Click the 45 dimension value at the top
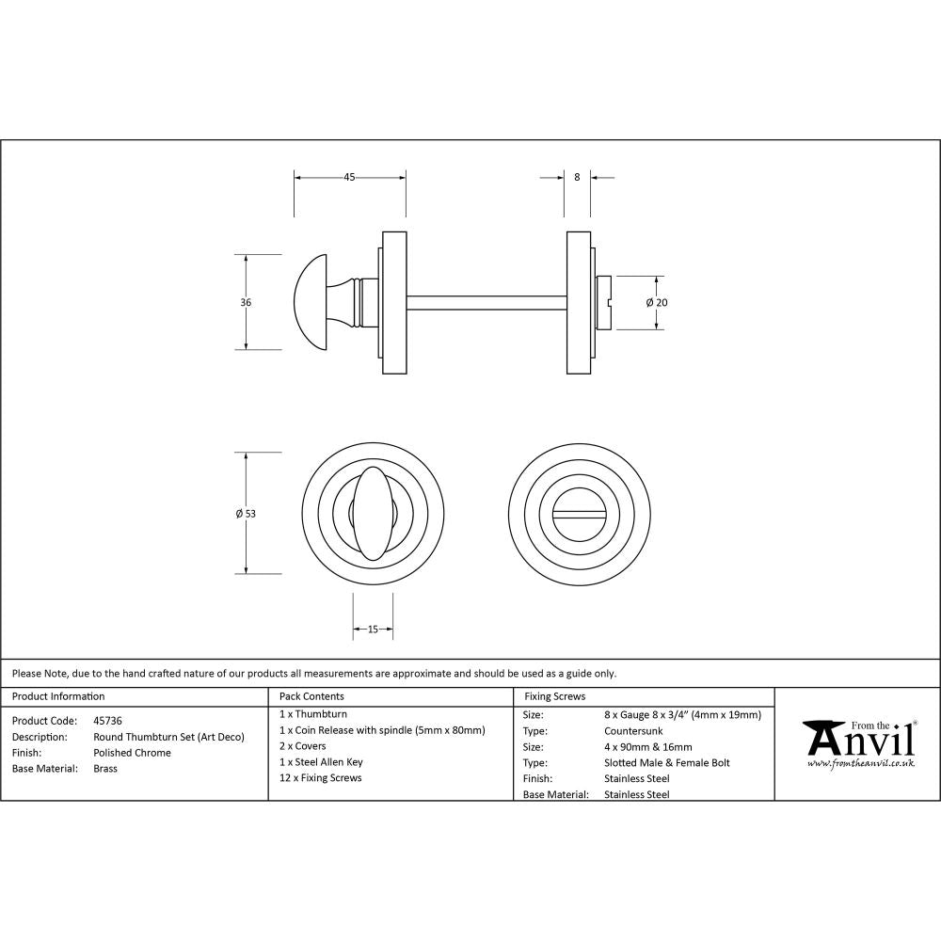click(x=349, y=176)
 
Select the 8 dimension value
click(x=577, y=176)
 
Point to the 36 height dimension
click(x=246, y=302)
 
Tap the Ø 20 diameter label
click(x=657, y=302)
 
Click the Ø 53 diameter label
click(x=246, y=513)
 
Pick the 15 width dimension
click(x=373, y=630)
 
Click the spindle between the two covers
click(x=485, y=302)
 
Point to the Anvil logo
click(x=858, y=740)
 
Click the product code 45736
click(x=107, y=721)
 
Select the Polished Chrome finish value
click(x=133, y=753)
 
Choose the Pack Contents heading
click(x=311, y=696)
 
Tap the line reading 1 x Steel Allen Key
click(x=321, y=762)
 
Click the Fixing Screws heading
click(x=555, y=696)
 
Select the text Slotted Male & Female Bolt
click(x=667, y=762)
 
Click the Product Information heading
click(x=58, y=696)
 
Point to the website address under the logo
click(x=860, y=764)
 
